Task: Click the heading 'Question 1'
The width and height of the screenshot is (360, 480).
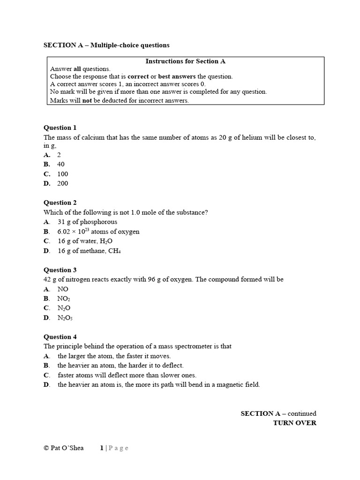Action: (60, 127)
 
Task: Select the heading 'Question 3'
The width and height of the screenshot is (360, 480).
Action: (60, 270)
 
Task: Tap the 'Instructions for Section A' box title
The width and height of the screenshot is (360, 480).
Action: (185, 61)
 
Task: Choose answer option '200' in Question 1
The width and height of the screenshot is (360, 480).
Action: (62, 183)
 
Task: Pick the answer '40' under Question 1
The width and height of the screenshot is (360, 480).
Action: (61, 164)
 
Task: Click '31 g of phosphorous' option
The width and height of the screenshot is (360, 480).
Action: (87, 222)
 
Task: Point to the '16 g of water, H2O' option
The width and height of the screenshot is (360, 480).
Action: (85, 241)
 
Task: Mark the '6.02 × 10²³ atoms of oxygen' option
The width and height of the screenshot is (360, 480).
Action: (98, 232)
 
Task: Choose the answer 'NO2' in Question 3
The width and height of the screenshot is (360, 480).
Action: (63, 299)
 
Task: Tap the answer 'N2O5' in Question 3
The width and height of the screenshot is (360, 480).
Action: (65, 318)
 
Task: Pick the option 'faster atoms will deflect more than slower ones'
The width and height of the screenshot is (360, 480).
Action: (127, 375)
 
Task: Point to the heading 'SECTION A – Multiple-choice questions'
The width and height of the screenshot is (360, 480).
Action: (106, 45)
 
